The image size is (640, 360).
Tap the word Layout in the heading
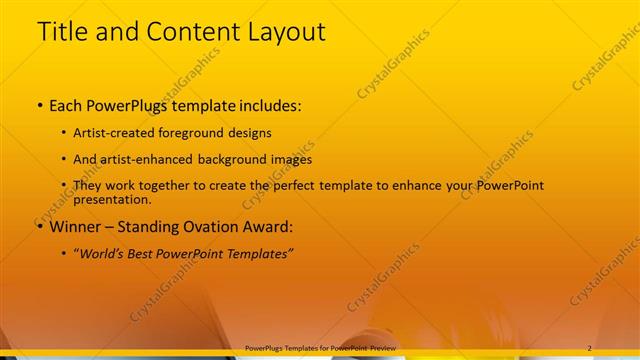pyautogui.click(x=284, y=32)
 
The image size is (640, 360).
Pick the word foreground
pyautogui.click(x=190, y=133)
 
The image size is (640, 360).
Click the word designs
pyautogui.click(x=250, y=133)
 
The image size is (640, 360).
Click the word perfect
pyautogui.click(x=305, y=186)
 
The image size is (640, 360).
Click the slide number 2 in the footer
pyautogui.click(x=589, y=348)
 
